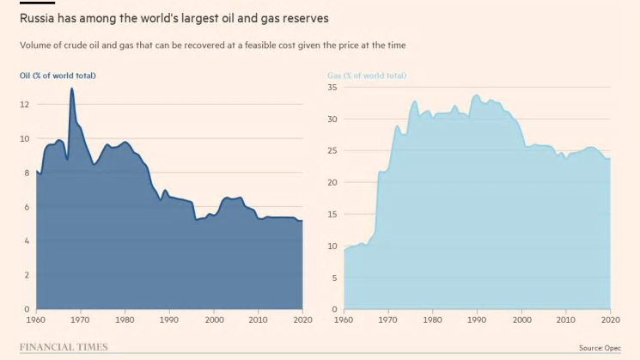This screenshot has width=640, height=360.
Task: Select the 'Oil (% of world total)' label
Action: (x=58, y=76)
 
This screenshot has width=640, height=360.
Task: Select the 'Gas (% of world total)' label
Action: (x=367, y=76)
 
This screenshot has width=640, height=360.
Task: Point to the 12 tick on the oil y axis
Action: (x=25, y=105)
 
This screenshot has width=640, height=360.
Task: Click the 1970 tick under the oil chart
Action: (x=80, y=320)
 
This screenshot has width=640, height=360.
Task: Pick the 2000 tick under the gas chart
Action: (x=521, y=320)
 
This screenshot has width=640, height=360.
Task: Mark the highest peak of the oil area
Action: (x=72, y=88)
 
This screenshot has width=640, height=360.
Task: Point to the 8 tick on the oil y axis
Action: (x=27, y=173)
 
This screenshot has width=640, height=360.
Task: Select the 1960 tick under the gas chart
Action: (x=344, y=320)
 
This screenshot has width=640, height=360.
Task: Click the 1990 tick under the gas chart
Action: (x=478, y=320)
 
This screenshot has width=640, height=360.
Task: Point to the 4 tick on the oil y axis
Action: (x=27, y=241)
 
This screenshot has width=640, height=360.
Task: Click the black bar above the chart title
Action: (x=36, y=3)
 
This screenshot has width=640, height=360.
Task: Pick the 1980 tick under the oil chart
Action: (x=125, y=320)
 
